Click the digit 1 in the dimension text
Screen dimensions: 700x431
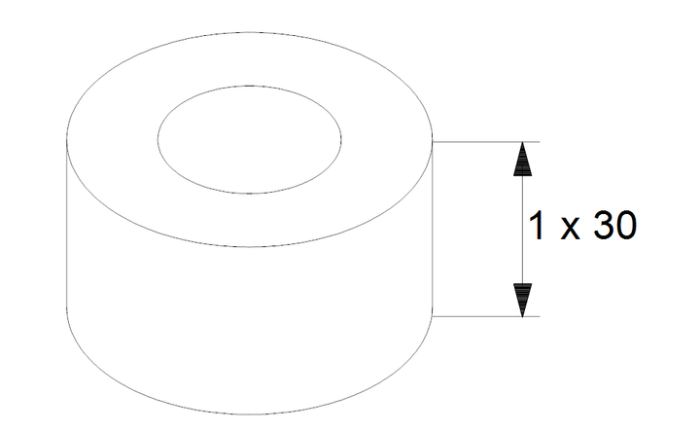[x=537, y=226]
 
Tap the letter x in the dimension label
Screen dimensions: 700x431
[x=570, y=230]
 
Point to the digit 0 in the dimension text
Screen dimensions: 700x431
[x=626, y=226]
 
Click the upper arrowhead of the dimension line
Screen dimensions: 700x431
[x=522, y=159]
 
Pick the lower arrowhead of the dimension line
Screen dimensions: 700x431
[x=522, y=300]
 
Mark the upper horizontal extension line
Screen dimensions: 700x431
[x=486, y=142]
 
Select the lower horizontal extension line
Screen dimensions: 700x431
[x=486, y=316]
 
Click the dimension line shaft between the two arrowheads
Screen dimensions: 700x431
[x=522, y=230]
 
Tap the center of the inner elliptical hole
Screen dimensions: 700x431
[x=250, y=139]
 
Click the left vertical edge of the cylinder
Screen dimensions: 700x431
[x=66, y=224]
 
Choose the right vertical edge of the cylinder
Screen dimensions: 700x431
[x=432, y=224]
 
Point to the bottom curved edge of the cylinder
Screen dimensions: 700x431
[x=250, y=414]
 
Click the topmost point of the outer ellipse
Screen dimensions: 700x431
[x=250, y=32]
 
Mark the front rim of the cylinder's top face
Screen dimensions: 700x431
[x=250, y=246]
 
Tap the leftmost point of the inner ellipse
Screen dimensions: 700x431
[x=157, y=139]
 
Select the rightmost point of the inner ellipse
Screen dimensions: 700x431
[x=341, y=139]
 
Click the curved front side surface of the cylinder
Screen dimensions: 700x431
[x=250, y=331]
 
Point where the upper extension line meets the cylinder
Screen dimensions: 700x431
[x=432, y=142]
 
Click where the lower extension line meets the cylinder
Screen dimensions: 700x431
[x=432, y=316]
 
